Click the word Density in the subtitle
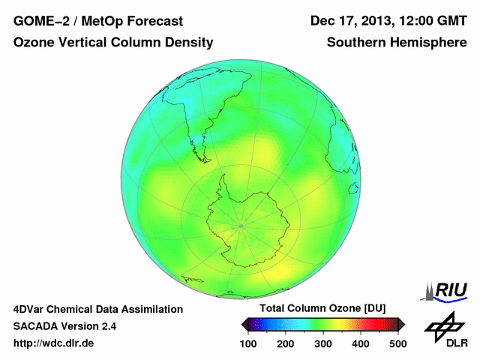(188, 43)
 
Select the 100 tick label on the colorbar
(249, 343)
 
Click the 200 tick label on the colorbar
(286, 343)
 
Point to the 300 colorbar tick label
(323, 343)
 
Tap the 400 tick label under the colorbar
(360, 343)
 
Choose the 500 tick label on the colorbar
(397, 343)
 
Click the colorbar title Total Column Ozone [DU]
(322, 309)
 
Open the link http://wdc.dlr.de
(54, 343)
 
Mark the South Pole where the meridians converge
(240, 225)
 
